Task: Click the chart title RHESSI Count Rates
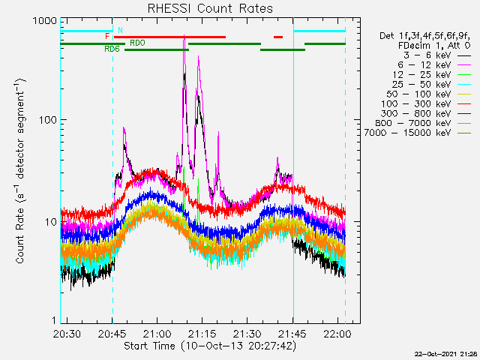coord(210,8)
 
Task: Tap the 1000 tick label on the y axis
coord(45,20)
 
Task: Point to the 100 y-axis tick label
coord(48,120)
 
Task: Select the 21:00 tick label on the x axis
coord(157,333)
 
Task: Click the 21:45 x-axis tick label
coord(292,333)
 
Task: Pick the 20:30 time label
coord(67,333)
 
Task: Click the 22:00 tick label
coord(337,333)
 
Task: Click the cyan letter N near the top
coord(120,30)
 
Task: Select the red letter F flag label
coord(107,37)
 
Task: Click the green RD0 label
coord(137,43)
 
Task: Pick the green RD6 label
coord(112,49)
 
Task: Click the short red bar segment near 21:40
coord(278,37)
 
